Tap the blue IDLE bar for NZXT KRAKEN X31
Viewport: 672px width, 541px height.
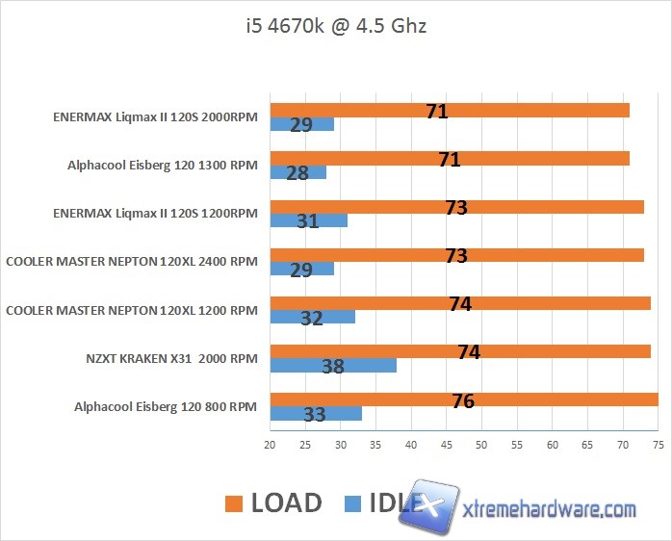tap(333, 366)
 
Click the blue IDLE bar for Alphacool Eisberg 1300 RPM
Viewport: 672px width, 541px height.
tap(297, 173)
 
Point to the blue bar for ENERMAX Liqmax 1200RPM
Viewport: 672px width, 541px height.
tap(308, 221)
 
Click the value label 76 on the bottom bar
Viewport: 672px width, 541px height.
tap(463, 400)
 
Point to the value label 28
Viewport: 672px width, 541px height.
tap(298, 173)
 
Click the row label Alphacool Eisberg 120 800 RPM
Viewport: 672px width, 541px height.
tap(166, 407)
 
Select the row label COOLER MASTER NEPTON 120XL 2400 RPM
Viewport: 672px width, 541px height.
tap(132, 262)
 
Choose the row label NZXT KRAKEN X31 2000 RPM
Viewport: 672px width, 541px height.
tap(171, 359)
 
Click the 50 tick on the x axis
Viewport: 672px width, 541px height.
tap(481, 445)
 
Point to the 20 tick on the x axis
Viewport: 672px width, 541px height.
tap(271, 445)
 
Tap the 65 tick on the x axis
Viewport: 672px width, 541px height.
tap(587, 445)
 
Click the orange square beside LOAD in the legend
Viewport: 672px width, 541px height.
tap(234, 503)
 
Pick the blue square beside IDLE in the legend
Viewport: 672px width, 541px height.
tap(352, 503)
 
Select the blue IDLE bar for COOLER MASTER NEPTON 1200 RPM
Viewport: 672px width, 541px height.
tap(312, 318)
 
